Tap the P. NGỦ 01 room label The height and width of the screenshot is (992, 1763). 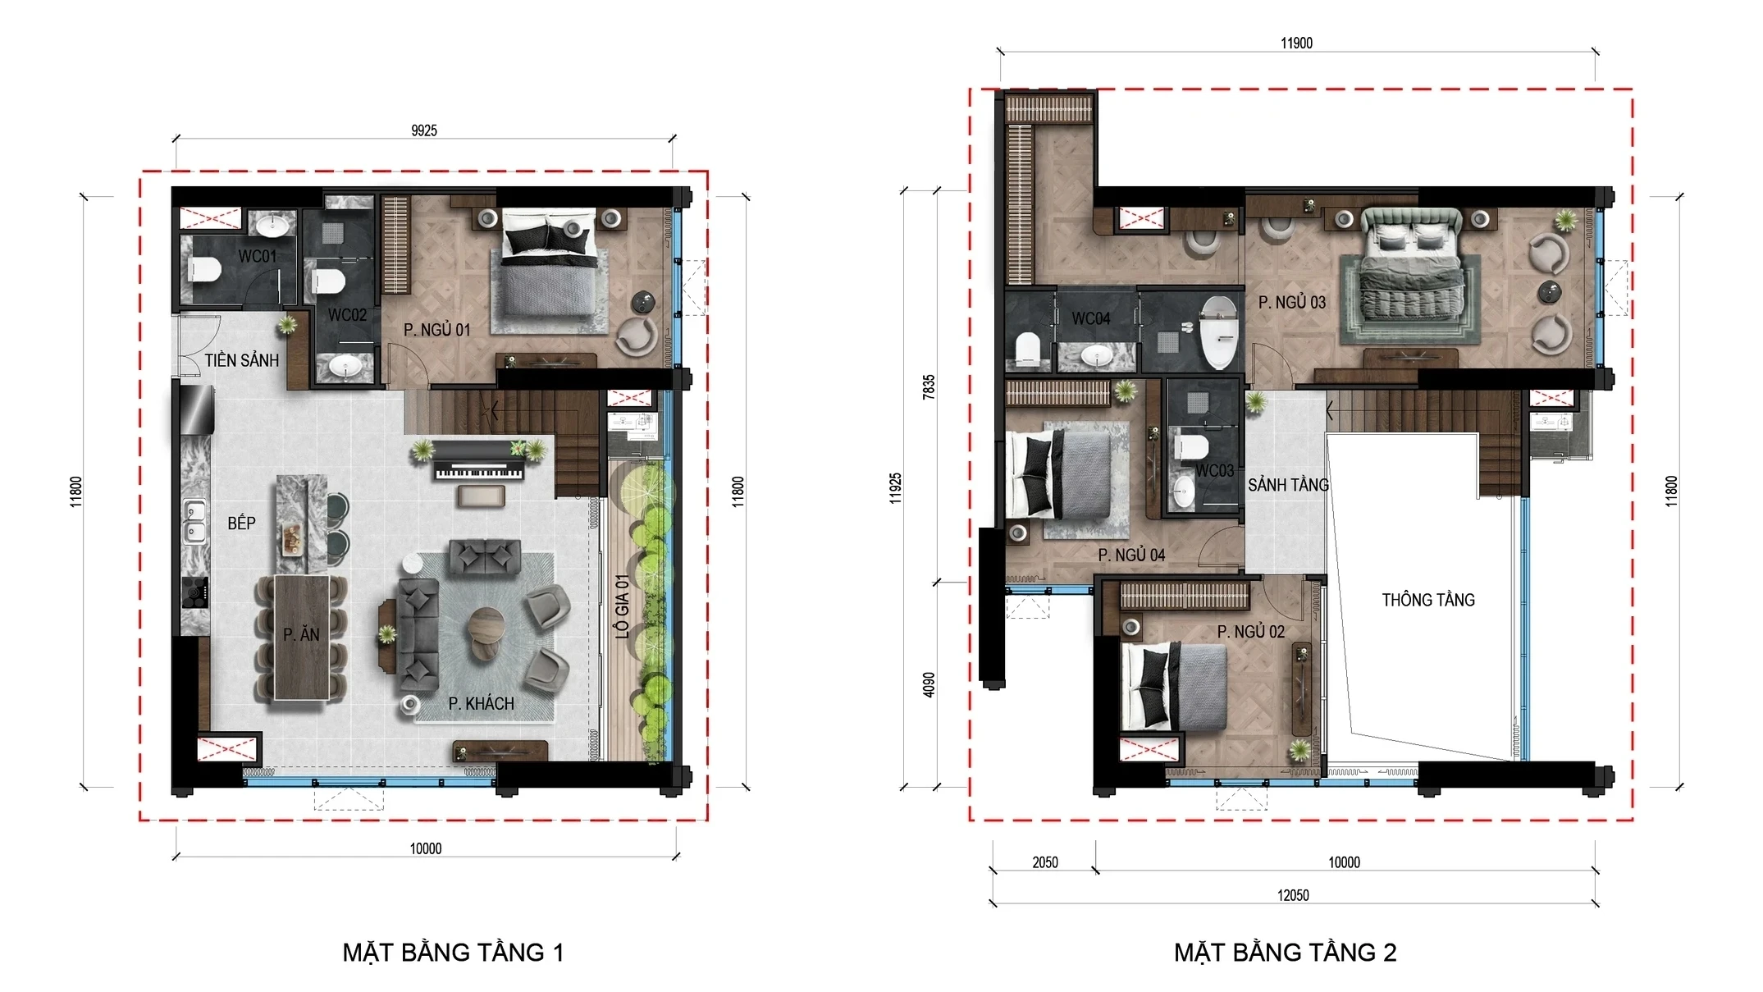tap(436, 330)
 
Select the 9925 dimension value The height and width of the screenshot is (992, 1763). tap(424, 130)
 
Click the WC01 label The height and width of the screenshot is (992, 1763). tap(257, 256)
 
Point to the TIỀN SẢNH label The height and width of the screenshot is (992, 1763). tap(241, 360)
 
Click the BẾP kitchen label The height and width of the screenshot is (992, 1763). tap(241, 523)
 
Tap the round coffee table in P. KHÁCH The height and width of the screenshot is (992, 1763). tap(486, 633)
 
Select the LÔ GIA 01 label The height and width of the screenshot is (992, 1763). tap(623, 606)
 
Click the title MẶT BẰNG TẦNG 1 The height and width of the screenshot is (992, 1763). tap(453, 953)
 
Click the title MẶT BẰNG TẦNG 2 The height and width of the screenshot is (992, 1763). tap(1285, 953)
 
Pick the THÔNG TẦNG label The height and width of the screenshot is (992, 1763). tap(1427, 600)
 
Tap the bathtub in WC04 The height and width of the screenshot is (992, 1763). tap(1218, 332)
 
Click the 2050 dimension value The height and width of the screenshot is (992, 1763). tap(1044, 862)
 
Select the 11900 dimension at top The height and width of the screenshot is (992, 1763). tap(1296, 43)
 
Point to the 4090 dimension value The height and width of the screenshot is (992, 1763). tap(929, 684)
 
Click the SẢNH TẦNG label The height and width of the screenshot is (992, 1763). tap(1287, 485)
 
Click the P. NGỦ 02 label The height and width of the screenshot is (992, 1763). tap(1250, 632)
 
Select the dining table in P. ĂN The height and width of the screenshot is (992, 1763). tap(301, 636)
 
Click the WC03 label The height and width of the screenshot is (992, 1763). tap(1214, 471)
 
